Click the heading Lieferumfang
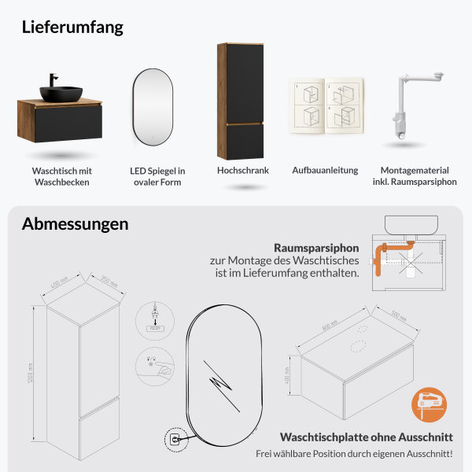click(x=72, y=27)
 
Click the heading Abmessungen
click(x=75, y=223)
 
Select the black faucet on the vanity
click(x=53, y=81)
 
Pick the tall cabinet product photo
click(x=240, y=100)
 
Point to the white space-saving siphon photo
click(x=409, y=110)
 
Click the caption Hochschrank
click(x=242, y=170)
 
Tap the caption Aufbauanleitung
click(x=325, y=170)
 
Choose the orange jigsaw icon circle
click(x=428, y=406)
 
